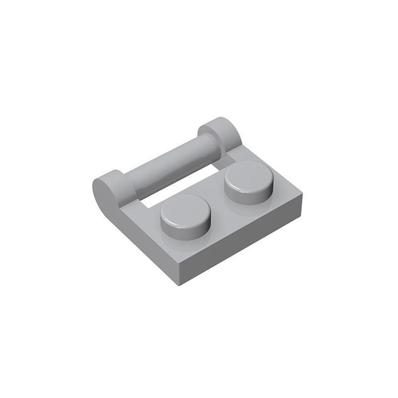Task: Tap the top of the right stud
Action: point(248,175)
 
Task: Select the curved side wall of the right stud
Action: point(249,196)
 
